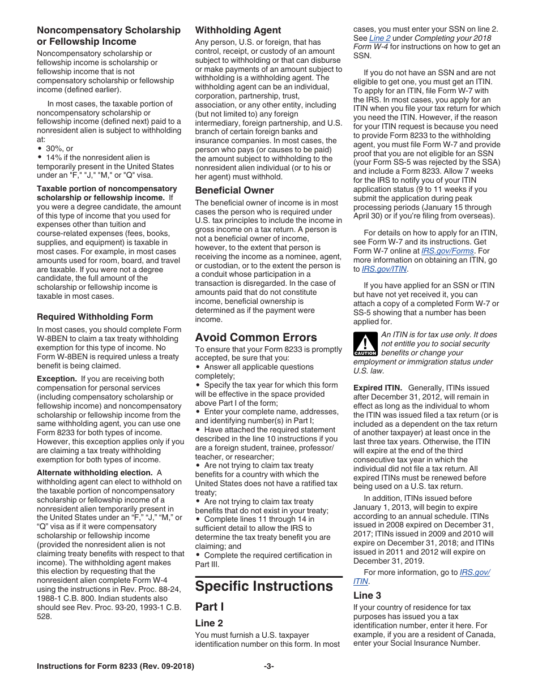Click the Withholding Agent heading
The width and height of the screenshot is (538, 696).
(x=238, y=30)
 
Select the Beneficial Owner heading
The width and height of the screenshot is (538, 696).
(x=234, y=190)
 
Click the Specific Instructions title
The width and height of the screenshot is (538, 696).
(x=264, y=586)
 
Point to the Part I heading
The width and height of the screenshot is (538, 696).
(x=210, y=607)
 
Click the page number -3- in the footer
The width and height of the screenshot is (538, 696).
(x=269, y=667)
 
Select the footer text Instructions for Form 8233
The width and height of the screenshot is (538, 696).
(x=115, y=667)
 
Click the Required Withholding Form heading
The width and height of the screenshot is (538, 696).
(x=95, y=316)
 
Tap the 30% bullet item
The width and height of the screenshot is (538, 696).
(x=55, y=148)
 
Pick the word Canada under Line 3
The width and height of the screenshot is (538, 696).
(x=465, y=634)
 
